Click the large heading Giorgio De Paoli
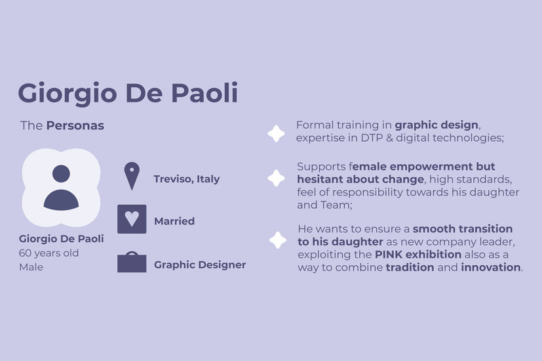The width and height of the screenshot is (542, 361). (x=128, y=93)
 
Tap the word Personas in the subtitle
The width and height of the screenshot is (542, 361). (x=75, y=125)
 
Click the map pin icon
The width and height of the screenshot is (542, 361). (x=132, y=176)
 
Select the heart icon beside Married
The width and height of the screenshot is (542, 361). (x=132, y=219)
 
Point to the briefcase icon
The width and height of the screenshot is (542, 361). (x=132, y=262)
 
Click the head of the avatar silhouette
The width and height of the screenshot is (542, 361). (x=61, y=173)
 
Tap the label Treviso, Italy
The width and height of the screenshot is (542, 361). (x=187, y=179)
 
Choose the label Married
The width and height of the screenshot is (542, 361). (x=174, y=221)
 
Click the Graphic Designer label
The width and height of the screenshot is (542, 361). (x=200, y=265)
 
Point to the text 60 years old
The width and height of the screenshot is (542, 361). (x=48, y=253)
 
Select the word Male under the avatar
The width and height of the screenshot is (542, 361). (x=31, y=267)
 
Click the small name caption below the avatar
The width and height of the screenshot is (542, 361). (x=61, y=238)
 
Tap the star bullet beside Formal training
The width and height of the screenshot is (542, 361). (x=276, y=134)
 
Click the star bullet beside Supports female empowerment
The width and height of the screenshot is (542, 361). (x=276, y=179)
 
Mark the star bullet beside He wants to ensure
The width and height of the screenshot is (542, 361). (x=278, y=240)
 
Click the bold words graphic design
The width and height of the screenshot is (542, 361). (x=437, y=125)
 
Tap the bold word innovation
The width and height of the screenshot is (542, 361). (x=491, y=268)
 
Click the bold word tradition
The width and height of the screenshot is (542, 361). (x=410, y=268)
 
